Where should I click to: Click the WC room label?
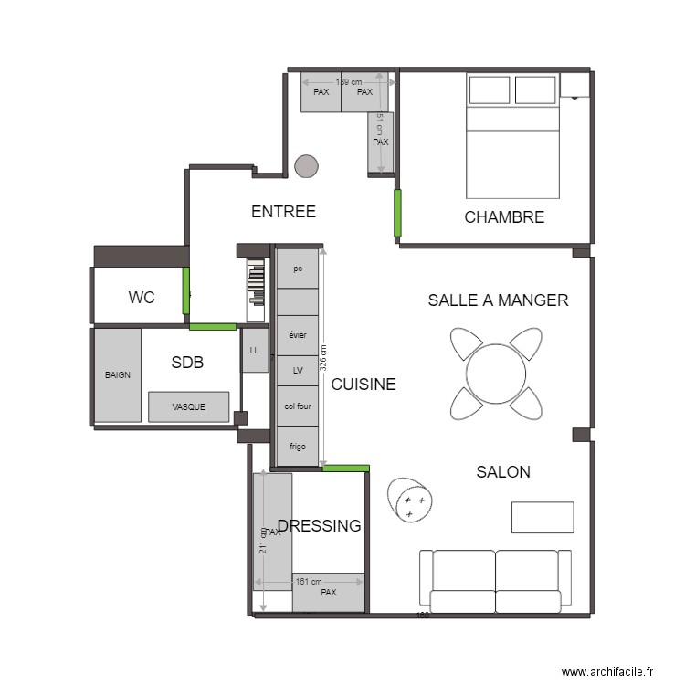pyautogui.click(x=142, y=298)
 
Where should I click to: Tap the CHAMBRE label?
pyautogui.click(x=504, y=217)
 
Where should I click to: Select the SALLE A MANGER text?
pyautogui.click(x=498, y=300)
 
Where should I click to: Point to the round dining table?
pyautogui.click(x=496, y=373)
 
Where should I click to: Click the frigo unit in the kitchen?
pyautogui.click(x=298, y=447)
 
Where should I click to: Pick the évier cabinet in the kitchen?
pyautogui.click(x=298, y=335)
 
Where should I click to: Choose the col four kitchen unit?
pyautogui.click(x=298, y=406)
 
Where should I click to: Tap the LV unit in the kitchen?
pyautogui.click(x=298, y=371)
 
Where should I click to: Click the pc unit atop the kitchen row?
pyautogui.click(x=298, y=269)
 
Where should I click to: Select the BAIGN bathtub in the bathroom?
pyautogui.click(x=118, y=375)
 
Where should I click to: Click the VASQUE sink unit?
pyautogui.click(x=189, y=407)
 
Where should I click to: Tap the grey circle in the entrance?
pyautogui.click(x=306, y=166)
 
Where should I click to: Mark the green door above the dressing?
pyautogui.click(x=346, y=469)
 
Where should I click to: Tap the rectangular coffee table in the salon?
pyautogui.click(x=543, y=517)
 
